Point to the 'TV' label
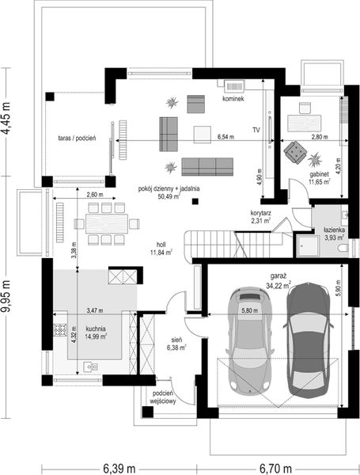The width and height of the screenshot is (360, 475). [256, 128]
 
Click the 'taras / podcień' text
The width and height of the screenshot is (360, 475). [77, 138]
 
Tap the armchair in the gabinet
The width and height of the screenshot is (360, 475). [295, 150]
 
